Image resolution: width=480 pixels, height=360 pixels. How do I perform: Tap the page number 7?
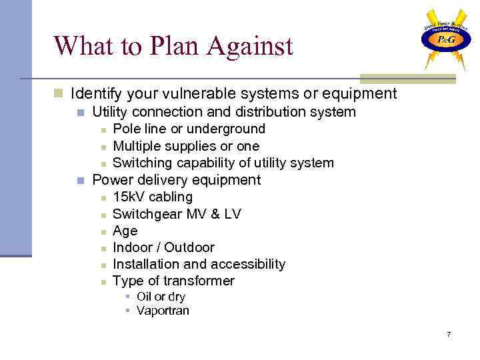click(x=449, y=333)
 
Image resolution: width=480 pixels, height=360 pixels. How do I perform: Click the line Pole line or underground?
click(x=189, y=129)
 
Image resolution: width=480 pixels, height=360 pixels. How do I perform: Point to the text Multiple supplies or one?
click(x=186, y=146)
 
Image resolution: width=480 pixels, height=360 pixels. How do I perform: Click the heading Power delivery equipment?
click(x=176, y=180)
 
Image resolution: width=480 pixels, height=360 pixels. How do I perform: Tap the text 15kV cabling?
click(x=153, y=197)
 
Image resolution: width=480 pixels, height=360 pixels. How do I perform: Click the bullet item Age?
click(x=125, y=231)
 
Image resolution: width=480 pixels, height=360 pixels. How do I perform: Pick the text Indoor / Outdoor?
click(x=163, y=247)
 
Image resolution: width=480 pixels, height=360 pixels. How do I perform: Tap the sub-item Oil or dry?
click(x=161, y=297)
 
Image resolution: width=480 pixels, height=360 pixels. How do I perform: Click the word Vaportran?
click(x=163, y=311)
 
